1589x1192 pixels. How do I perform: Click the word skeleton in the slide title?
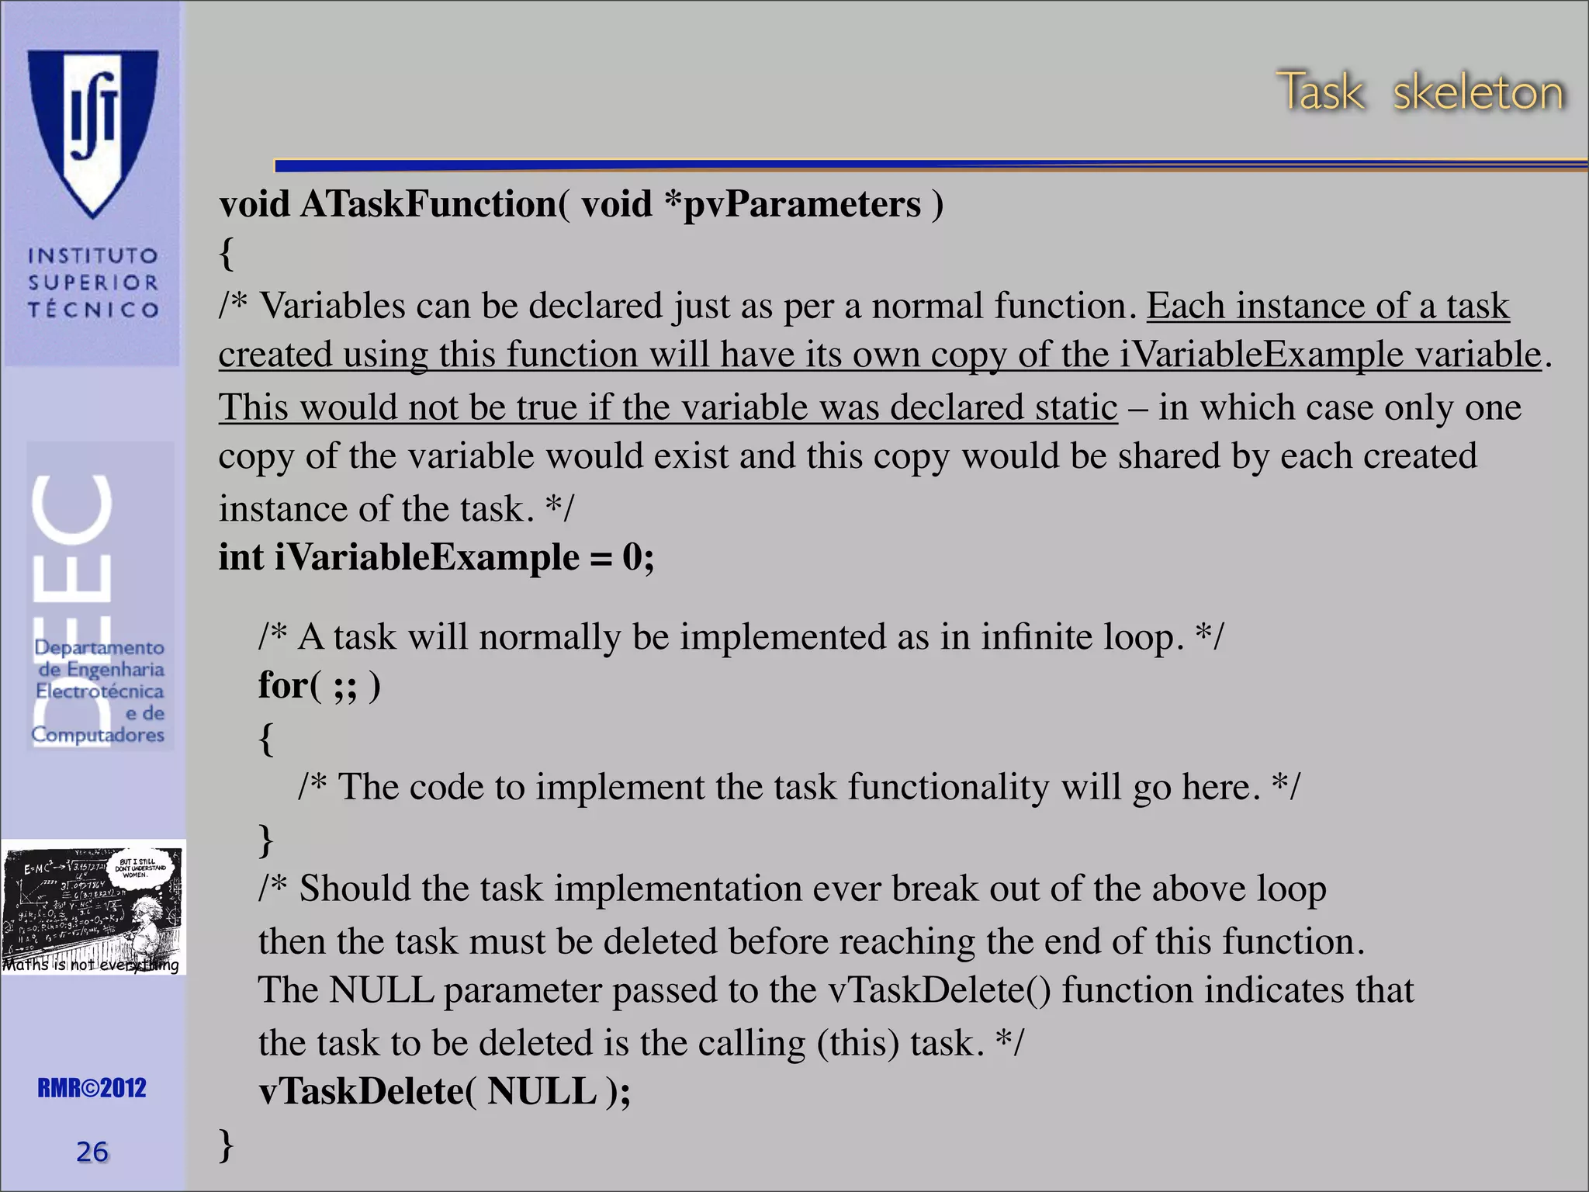pyautogui.click(x=1477, y=93)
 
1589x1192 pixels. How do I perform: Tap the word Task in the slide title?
pyautogui.click(x=1320, y=93)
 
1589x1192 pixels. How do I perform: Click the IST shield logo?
pyautogui.click(x=93, y=132)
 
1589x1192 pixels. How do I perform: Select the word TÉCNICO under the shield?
pyautogui.click(x=93, y=310)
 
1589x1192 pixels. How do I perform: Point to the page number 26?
pyautogui.click(x=92, y=1152)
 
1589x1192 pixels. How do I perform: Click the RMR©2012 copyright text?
pyautogui.click(x=92, y=1088)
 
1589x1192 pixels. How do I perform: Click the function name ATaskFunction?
pyautogui.click(x=428, y=205)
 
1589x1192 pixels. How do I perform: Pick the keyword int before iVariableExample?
pyautogui.click(x=241, y=557)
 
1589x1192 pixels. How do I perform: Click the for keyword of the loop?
pyautogui.click(x=284, y=685)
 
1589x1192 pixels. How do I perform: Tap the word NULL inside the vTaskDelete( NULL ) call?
pyautogui.click(x=542, y=1092)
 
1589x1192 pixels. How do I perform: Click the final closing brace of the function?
pyautogui.click(x=226, y=1145)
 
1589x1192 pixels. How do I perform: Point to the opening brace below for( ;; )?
pyautogui.click(x=266, y=738)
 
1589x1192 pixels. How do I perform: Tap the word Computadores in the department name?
pyautogui.click(x=98, y=734)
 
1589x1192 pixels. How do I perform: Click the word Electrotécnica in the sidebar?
pyautogui.click(x=99, y=691)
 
